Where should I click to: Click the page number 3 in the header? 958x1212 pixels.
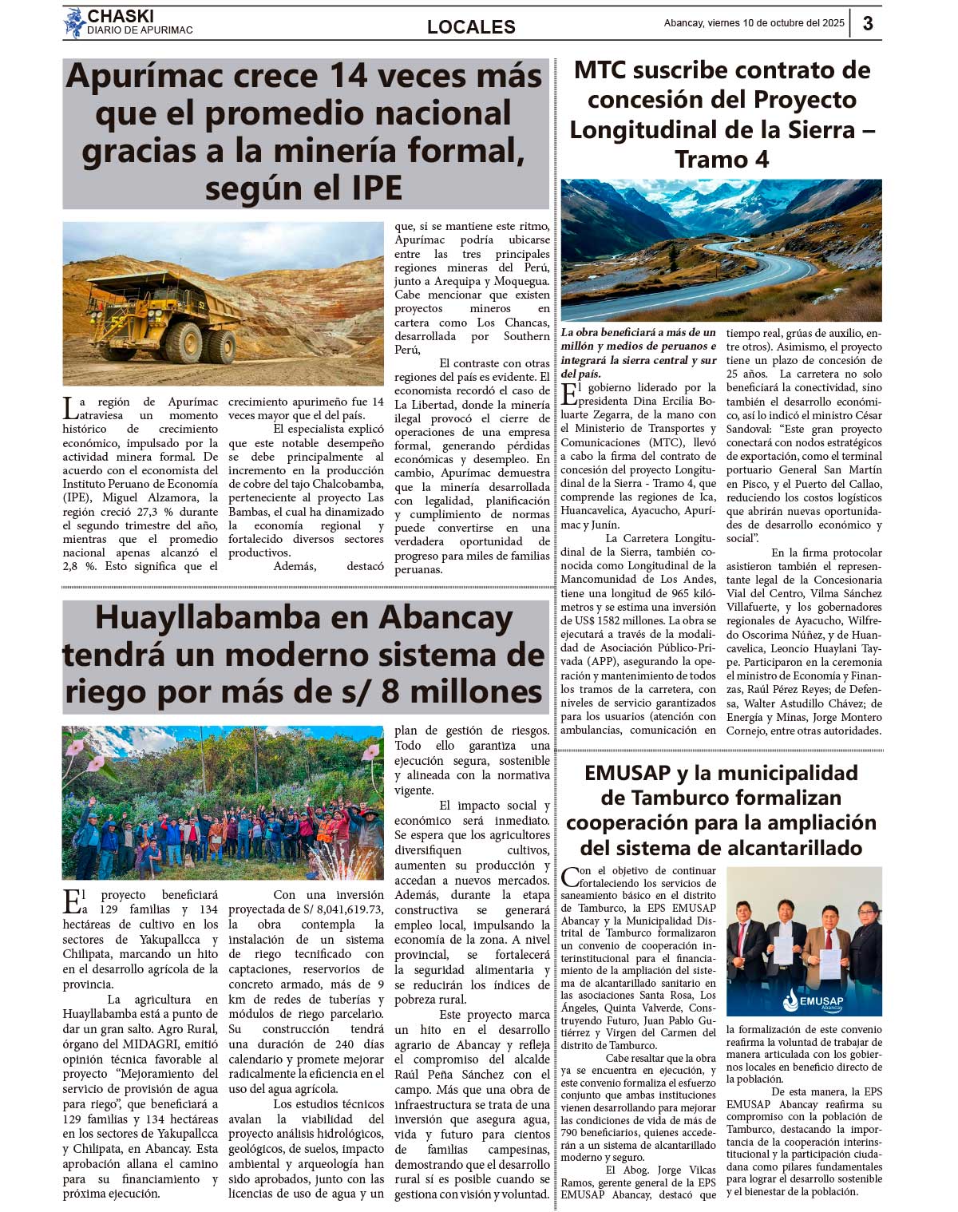[868, 23]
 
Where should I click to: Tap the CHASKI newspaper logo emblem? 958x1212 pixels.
[74, 23]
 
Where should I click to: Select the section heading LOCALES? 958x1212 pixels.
[471, 27]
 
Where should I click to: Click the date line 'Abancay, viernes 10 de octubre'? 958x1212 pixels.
[754, 23]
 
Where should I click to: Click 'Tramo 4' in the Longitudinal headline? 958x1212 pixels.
[722, 160]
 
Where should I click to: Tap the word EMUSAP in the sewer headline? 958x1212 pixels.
[627, 773]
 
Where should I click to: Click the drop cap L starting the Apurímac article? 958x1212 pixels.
[70, 408]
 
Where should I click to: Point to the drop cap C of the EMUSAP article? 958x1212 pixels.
[569, 877]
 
